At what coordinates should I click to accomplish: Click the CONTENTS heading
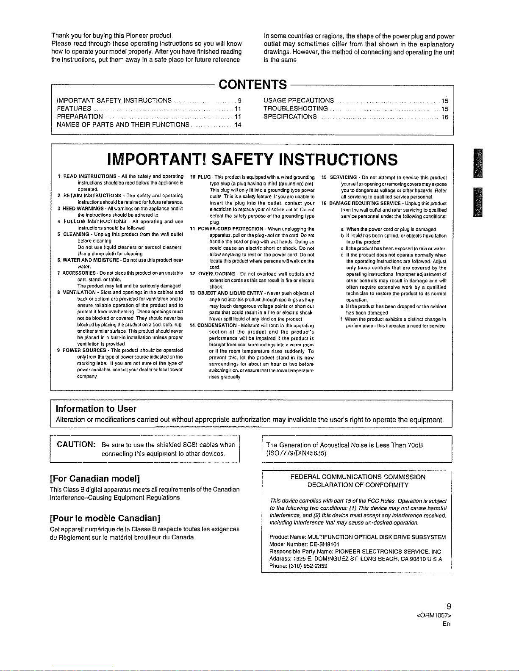pyautogui.click(x=253, y=85)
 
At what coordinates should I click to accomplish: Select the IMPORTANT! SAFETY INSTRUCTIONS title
pyautogui.click(x=253, y=160)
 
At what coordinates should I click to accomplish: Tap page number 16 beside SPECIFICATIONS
pyautogui.click(x=444, y=117)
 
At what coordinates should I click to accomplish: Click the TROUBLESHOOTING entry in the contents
pyautogui.click(x=295, y=109)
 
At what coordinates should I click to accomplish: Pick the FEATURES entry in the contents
pyautogui.click(x=74, y=109)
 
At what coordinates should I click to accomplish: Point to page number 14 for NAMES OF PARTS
pyautogui.click(x=238, y=125)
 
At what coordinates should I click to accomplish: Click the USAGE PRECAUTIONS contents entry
pyautogui.click(x=298, y=101)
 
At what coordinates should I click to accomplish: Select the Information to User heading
pyautogui.click(x=96, y=409)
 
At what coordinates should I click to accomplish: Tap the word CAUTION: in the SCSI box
pyautogui.click(x=76, y=445)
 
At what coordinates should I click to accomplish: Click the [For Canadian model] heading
pyautogui.click(x=95, y=479)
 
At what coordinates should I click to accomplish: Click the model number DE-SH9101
pyautogui.click(x=326, y=544)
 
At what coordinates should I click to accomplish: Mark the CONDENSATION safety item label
pyautogui.click(x=217, y=325)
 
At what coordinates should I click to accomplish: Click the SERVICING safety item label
pyautogui.click(x=343, y=177)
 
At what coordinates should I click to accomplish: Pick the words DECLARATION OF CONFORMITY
pyautogui.click(x=358, y=485)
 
